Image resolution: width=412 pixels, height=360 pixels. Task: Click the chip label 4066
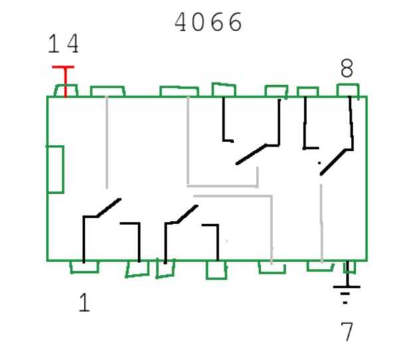coord(208,23)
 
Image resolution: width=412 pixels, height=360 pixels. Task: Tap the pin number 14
coord(63,45)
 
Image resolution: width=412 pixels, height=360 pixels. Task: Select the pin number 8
coord(346,69)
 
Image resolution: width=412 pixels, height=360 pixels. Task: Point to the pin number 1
coord(84,303)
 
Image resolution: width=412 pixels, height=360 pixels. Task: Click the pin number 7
coord(346,331)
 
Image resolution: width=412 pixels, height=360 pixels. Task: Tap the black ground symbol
coord(346,289)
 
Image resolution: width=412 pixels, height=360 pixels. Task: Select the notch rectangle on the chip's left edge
coord(55,169)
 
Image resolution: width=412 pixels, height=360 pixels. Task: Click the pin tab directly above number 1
coord(84,267)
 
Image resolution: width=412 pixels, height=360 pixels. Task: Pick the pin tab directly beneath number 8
coord(348,90)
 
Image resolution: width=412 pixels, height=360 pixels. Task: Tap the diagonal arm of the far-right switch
coord(336,161)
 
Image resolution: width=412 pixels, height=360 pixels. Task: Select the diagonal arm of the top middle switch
coord(251,154)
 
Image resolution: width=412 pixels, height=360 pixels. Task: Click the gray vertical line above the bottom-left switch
coord(107,143)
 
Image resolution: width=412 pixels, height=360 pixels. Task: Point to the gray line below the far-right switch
coord(322,223)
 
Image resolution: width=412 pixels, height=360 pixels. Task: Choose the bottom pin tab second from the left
coord(138,269)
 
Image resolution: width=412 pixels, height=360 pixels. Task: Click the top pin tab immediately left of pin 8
coord(307,92)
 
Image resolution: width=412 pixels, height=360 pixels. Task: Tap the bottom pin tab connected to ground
coord(348,267)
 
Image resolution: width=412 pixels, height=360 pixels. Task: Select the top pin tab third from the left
coord(179,92)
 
